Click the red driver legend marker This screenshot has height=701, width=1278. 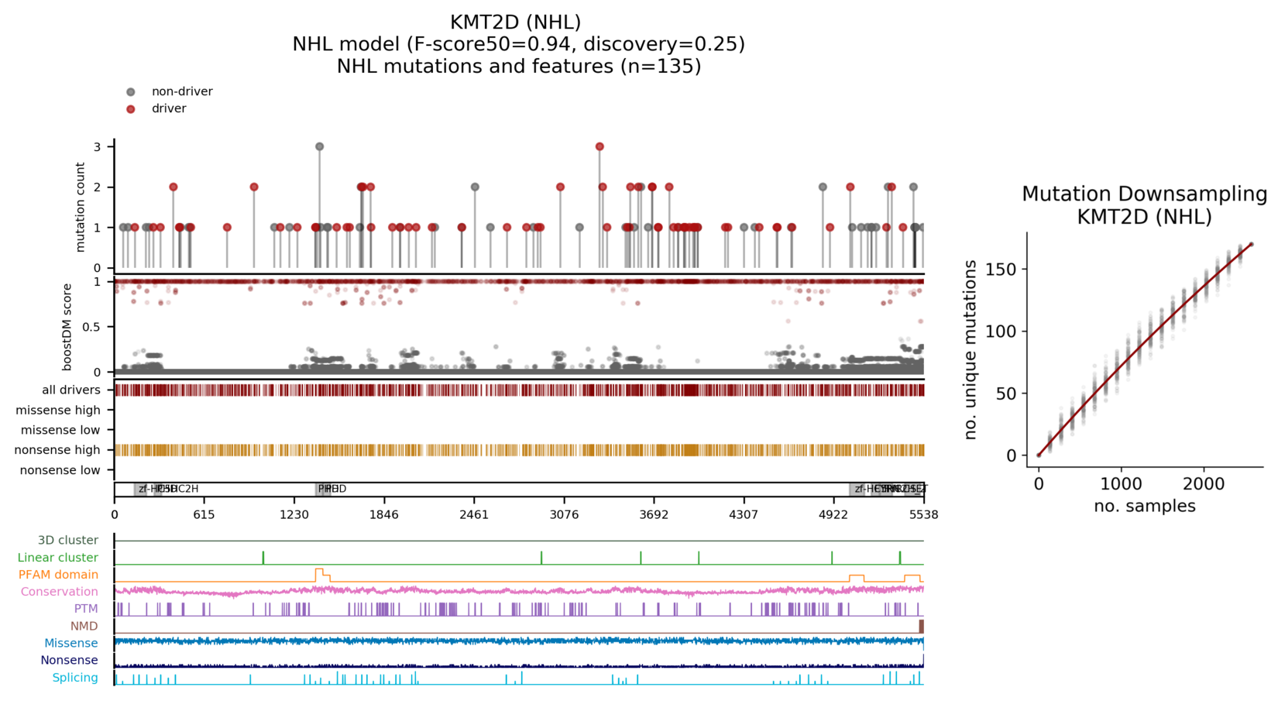[131, 109]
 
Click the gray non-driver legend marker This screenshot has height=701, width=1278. [131, 92]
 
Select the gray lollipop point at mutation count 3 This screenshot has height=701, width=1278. [319, 146]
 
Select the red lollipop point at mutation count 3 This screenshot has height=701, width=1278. [599, 146]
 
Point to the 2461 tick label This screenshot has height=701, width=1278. [474, 514]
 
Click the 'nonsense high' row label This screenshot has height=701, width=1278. [57, 450]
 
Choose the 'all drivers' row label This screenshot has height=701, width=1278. [71, 390]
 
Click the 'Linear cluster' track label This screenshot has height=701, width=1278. [58, 558]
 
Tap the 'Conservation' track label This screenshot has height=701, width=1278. [60, 592]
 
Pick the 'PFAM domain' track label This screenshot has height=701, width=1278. [59, 575]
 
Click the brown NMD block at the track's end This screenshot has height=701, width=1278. [921, 626]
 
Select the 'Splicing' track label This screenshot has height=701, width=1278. [75, 678]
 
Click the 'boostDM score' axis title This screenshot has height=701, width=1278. [68, 327]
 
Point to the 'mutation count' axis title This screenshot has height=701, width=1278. [81, 207]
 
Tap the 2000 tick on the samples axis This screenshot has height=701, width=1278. [1203, 484]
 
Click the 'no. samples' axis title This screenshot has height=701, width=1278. [1144, 507]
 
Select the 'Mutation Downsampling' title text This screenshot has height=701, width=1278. [1144, 194]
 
